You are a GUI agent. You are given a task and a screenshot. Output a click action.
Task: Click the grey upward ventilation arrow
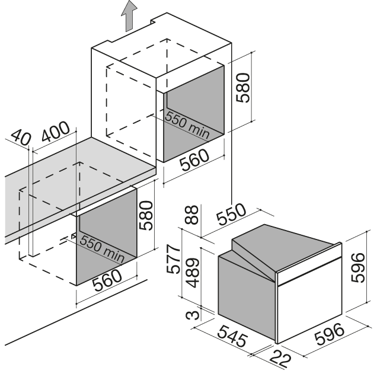click(129, 17)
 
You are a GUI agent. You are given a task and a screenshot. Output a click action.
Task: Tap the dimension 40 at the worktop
click(21, 138)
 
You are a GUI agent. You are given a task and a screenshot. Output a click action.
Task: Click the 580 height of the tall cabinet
click(243, 88)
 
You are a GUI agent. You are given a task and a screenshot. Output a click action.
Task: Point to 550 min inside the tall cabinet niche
click(187, 124)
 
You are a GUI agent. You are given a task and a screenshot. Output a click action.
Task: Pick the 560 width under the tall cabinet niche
click(194, 160)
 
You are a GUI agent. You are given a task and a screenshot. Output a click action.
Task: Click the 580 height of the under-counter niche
click(145, 216)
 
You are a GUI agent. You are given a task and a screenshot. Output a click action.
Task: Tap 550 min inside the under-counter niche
click(102, 248)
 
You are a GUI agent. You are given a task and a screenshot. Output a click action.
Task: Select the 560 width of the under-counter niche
click(107, 280)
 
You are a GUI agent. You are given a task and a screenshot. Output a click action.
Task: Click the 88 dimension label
click(192, 215)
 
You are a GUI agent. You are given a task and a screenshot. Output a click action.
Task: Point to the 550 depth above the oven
click(231, 214)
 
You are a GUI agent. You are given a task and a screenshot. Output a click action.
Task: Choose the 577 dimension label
click(173, 259)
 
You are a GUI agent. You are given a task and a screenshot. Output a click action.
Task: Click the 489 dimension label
click(193, 273)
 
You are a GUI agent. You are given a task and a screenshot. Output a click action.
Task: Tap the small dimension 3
click(193, 315)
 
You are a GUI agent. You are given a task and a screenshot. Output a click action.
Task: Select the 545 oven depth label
click(232, 336)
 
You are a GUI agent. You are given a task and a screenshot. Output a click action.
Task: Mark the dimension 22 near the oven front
click(280, 359)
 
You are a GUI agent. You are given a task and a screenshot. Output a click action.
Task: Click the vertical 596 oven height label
click(357, 267)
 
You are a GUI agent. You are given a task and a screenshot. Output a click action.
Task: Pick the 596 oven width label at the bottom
click(330, 334)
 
